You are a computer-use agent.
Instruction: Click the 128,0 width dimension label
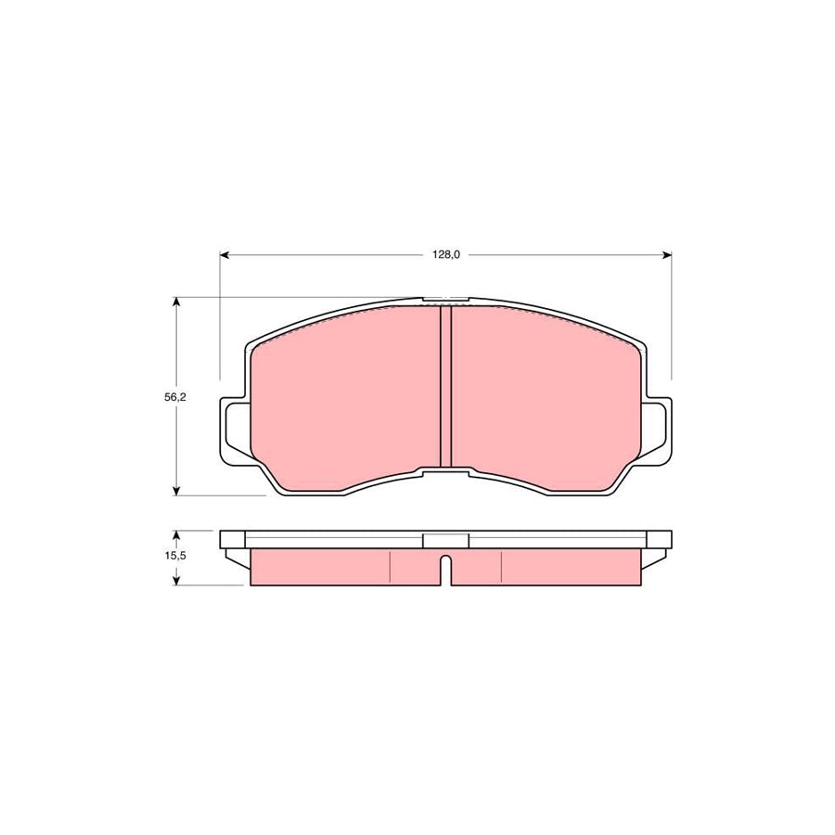coord(445,255)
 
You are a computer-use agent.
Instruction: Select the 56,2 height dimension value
coord(174,397)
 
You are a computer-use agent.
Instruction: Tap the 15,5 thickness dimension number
coord(174,556)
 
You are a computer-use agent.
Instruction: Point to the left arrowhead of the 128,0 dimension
coord(225,256)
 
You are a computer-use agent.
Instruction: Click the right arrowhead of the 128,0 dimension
coord(667,256)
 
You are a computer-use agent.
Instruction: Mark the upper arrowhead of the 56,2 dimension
coord(177,302)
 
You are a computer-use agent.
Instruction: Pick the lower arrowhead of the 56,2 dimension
coord(177,491)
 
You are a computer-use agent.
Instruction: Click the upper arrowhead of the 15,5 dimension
coord(177,535)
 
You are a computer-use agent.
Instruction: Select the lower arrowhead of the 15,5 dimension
coord(177,581)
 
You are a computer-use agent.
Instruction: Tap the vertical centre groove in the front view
coord(445,387)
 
